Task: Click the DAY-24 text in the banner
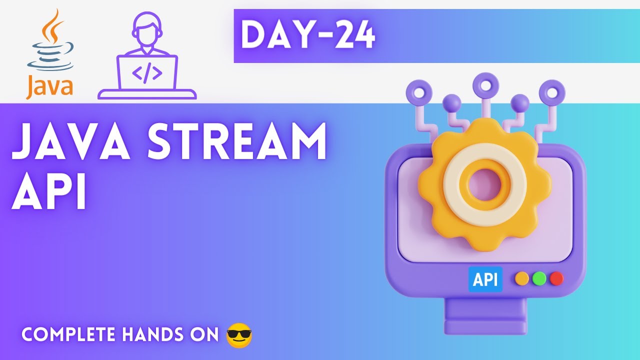[308, 36]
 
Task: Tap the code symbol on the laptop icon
[147, 73]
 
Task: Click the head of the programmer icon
[146, 27]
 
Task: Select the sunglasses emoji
[239, 335]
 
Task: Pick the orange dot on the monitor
[521, 278]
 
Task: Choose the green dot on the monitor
[539, 278]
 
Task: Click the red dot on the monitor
[556, 278]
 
